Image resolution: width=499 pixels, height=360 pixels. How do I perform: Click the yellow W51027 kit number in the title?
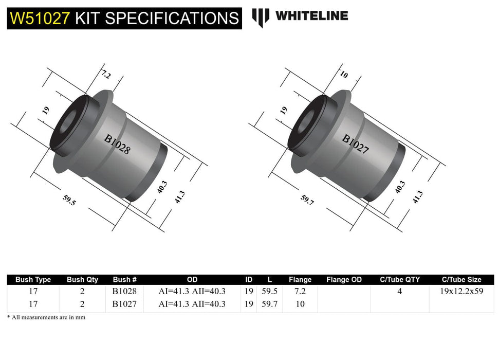[x=40, y=19]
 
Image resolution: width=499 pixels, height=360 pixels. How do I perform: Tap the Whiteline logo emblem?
[x=261, y=17]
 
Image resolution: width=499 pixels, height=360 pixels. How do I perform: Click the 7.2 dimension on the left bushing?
[x=106, y=75]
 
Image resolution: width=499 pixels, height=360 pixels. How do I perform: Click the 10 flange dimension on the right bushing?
[x=344, y=75]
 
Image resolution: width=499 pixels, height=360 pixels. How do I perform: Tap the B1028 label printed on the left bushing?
[x=118, y=145]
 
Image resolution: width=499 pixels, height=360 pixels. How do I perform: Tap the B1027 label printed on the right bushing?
[x=356, y=145]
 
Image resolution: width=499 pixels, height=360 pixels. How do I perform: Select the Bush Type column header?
[x=33, y=280]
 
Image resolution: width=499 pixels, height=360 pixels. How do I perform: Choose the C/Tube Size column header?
[x=461, y=280]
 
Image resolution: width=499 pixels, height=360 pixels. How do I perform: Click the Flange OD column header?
[x=344, y=280]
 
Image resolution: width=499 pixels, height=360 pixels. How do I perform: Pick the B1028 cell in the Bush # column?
[x=124, y=291]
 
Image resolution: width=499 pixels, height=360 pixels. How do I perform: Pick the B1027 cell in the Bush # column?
[x=124, y=304]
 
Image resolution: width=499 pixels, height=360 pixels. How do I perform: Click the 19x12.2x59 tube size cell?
[x=461, y=291]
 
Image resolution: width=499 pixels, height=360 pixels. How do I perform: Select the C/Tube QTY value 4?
[x=399, y=291]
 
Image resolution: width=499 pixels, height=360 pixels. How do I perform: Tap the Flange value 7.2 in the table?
[x=300, y=291]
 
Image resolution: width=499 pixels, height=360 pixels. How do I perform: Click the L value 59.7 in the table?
[x=269, y=304]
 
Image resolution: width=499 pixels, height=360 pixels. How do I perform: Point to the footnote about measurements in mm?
[x=46, y=317]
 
